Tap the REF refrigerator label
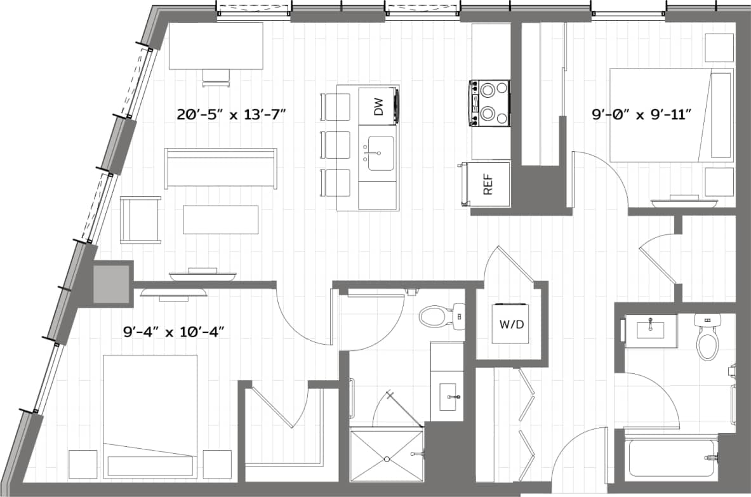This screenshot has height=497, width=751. tap(488, 183)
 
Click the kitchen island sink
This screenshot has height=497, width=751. tap(378, 153)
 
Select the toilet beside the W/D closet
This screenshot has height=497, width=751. tap(437, 315)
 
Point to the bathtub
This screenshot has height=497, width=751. tap(672, 457)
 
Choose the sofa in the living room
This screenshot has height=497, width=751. tap(220, 168)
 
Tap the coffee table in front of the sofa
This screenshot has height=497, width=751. tap(220, 219)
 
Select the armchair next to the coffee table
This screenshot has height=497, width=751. tap(140, 220)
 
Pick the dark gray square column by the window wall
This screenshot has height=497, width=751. tap(111, 284)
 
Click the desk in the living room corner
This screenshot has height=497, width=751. tap(216, 46)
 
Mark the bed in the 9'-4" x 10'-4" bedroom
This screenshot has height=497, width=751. tap(150, 416)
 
